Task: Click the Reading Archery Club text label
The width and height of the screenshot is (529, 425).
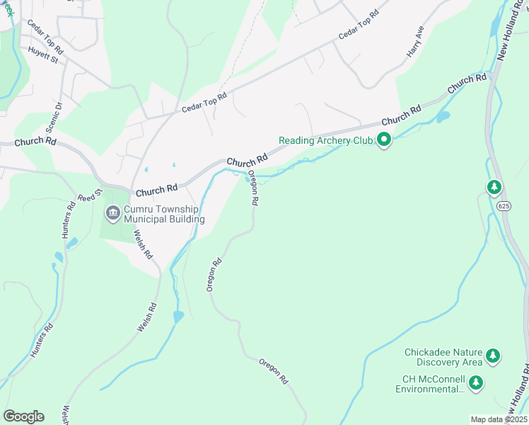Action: pos(325,140)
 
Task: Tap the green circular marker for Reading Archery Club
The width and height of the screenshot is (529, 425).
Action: pos(384,140)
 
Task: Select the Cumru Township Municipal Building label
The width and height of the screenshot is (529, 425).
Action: pos(164,215)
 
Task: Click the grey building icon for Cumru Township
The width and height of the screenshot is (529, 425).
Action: pos(113,213)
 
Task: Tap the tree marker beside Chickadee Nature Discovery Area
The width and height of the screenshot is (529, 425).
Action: pos(494,357)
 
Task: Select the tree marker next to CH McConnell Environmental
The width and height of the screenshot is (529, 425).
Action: pos(477,383)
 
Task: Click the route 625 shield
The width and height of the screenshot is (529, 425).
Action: pos(503,205)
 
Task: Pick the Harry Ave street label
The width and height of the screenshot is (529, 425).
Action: pos(414,43)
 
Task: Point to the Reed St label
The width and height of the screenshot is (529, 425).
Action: pos(91,195)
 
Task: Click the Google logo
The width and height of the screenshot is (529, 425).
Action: pos(23,416)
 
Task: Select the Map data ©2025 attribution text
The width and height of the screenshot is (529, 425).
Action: pos(499,419)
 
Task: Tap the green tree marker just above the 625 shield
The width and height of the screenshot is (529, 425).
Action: pos(494,187)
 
